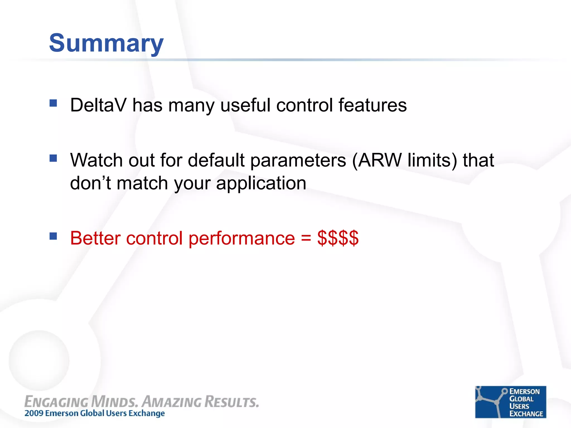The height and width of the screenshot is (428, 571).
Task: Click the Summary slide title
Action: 106,43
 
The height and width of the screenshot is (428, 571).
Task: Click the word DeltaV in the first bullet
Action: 98,105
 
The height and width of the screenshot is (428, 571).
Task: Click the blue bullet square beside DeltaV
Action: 53,103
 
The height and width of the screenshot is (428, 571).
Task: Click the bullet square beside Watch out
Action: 53,158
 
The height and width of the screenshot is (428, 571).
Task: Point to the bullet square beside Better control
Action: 53,236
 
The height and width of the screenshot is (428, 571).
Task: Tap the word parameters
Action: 298,161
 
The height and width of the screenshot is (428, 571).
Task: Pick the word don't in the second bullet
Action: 90,183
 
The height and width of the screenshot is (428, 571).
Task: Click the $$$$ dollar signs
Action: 338,238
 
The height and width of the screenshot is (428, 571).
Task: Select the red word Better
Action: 95,238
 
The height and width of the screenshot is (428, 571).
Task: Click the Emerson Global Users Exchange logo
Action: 510,402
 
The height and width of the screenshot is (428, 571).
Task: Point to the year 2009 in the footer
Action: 34,413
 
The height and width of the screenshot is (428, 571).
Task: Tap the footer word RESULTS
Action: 232,402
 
